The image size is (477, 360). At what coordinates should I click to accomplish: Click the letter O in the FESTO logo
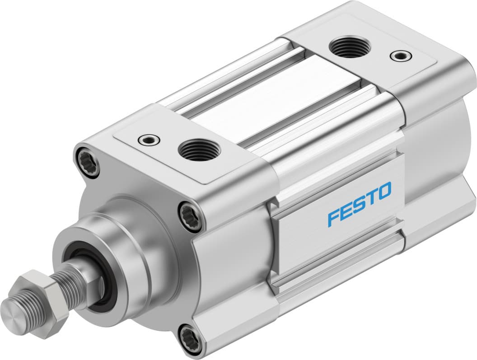click(383, 191)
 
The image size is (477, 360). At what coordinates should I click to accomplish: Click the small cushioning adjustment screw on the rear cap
click(400, 56)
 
